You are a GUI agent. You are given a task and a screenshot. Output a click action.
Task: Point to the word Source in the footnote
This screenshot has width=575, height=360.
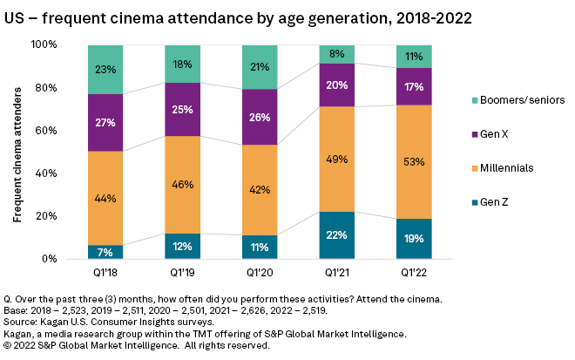22,310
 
